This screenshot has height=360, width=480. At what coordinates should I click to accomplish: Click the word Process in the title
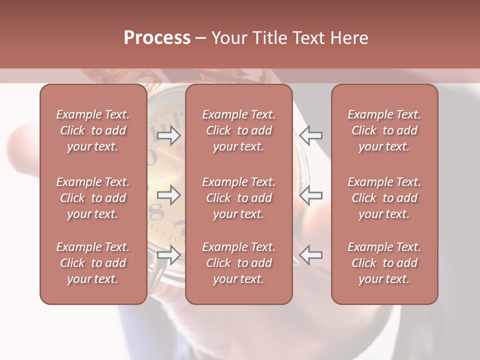(x=157, y=38)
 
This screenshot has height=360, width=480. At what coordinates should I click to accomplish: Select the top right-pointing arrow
(x=169, y=135)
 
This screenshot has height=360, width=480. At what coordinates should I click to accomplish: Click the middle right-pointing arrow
(x=169, y=195)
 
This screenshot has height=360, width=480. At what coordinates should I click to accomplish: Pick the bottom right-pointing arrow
(x=169, y=255)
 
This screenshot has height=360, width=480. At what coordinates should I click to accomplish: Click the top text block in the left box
(x=93, y=130)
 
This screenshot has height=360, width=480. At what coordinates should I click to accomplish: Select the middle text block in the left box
(x=93, y=198)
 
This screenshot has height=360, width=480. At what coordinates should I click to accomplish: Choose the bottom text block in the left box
(x=93, y=263)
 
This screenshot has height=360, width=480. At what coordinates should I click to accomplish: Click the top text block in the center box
(x=239, y=130)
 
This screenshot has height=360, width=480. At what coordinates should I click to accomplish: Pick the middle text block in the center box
(x=239, y=198)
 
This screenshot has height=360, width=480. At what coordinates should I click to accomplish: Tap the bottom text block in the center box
(x=239, y=263)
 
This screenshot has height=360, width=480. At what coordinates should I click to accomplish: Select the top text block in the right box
(x=384, y=130)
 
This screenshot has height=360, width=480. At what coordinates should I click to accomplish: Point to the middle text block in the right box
(x=384, y=198)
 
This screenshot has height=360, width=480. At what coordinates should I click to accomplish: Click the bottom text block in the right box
(x=384, y=263)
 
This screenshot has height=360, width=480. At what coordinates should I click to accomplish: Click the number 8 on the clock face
(x=156, y=212)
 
